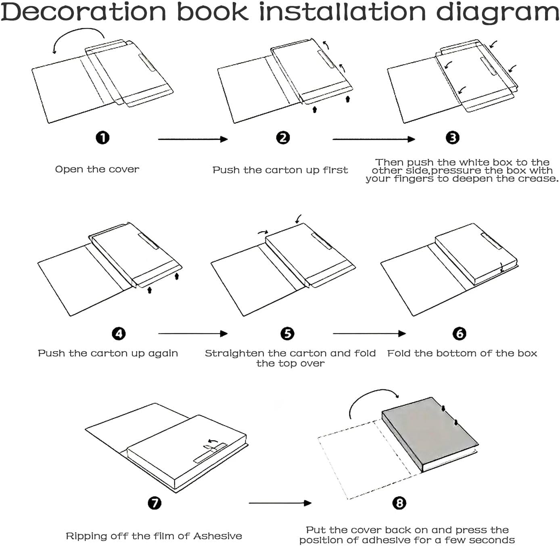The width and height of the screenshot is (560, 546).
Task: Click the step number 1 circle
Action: (102, 138)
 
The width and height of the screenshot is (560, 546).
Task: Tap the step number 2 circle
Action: (283, 138)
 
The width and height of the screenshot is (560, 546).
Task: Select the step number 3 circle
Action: (452, 138)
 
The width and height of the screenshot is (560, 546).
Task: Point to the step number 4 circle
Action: (119, 334)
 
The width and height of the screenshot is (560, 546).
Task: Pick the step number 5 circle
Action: (287, 334)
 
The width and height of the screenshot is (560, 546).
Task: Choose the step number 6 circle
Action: (459, 334)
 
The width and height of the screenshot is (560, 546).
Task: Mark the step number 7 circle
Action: (154, 503)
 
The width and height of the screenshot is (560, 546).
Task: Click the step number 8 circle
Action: (399, 503)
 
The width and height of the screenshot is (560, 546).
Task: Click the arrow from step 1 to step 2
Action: (193, 139)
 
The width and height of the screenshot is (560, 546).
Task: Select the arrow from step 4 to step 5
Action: (193, 334)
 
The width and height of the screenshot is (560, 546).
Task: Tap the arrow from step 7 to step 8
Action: (280, 503)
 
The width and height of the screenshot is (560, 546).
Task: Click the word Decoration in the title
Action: (84, 12)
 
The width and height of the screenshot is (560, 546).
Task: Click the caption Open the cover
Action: (97, 169)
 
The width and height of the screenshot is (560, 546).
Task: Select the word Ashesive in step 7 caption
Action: (217, 536)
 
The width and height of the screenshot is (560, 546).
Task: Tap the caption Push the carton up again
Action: (108, 354)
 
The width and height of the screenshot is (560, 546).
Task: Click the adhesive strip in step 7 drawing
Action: (210, 453)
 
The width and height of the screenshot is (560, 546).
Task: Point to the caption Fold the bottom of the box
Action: (462, 354)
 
